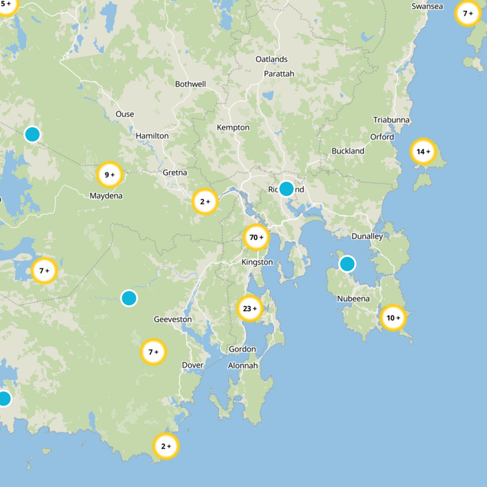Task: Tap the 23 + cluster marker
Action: point(250,309)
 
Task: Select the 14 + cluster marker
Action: point(423,152)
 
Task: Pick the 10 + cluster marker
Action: point(393,317)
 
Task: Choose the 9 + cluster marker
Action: point(110,175)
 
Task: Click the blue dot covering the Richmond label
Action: point(286,189)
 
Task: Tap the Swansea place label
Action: point(427,6)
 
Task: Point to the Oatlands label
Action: point(272,60)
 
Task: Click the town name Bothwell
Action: point(191,84)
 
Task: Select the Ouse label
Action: point(125,114)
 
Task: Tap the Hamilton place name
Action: point(152,136)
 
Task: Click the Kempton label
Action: point(233,128)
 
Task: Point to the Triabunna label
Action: point(391,120)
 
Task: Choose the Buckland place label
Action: point(348,151)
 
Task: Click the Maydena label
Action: point(106,196)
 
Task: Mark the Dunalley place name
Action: point(368,237)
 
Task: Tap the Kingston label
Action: point(258,262)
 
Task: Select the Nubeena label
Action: point(353,299)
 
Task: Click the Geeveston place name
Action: point(173,320)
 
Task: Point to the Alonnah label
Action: point(243,365)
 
